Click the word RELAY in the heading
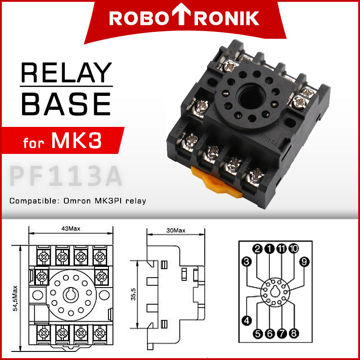click(x=66, y=73)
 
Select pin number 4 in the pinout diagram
click(x=246, y=320)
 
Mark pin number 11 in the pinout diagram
click(x=282, y=249)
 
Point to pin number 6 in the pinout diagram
click(x=270, y=333)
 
